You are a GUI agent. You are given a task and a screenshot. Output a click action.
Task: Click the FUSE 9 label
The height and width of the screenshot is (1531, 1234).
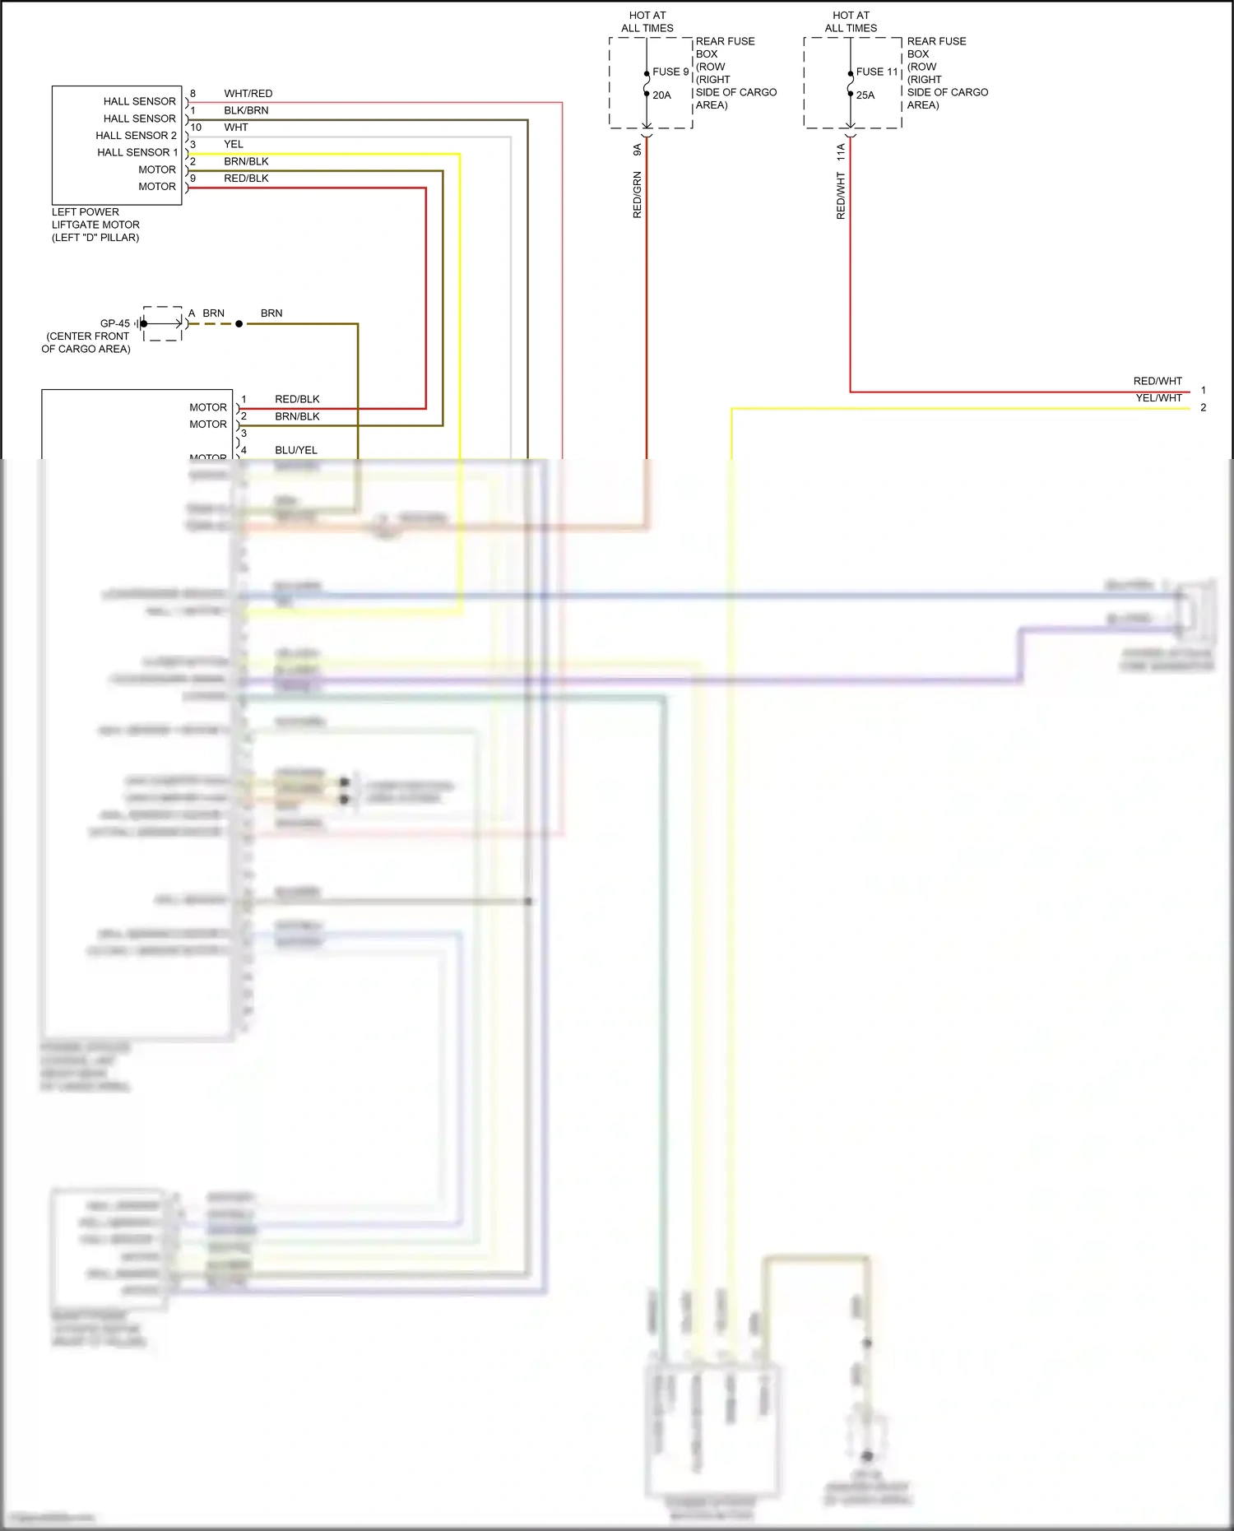[670, 72]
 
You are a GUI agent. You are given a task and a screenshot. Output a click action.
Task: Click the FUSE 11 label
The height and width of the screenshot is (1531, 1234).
[876, 72]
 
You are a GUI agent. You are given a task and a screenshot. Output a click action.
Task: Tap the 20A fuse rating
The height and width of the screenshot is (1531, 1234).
[662, 95]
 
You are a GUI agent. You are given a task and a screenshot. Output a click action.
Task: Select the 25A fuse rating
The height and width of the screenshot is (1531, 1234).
[865, 95]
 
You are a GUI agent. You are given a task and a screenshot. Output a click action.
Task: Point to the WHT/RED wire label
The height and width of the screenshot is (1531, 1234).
[248, 94]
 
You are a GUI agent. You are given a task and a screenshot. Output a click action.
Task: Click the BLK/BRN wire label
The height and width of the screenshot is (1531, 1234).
[246, 110]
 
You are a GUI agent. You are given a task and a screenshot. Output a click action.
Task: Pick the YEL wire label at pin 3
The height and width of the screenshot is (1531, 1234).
[234, 145]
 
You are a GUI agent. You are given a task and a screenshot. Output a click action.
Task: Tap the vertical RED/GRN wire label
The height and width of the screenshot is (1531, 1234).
[638, 195]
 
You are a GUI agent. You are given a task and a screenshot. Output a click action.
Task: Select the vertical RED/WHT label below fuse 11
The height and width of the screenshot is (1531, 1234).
[841, 196]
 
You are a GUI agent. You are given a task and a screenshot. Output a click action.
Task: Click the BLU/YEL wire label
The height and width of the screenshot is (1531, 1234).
[296, 451]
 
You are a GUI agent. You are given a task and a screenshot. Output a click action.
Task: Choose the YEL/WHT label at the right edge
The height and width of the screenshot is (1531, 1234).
[1158, 398]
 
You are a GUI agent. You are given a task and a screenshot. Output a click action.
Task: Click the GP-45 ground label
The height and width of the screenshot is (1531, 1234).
[115, 323]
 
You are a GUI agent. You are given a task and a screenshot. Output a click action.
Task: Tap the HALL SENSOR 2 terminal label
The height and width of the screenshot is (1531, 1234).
[136, 136]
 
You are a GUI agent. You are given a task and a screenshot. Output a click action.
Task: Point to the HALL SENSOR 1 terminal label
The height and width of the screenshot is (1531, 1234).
[137, 152]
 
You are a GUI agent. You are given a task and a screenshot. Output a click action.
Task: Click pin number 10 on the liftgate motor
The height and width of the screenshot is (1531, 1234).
[196, 128]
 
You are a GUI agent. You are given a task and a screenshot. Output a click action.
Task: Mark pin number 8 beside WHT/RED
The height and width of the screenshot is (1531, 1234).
[193, 94]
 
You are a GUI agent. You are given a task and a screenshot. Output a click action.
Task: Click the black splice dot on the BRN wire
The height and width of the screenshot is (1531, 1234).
[239, 324]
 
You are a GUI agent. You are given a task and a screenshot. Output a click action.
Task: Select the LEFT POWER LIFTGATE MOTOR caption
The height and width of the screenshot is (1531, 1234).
[95, 225]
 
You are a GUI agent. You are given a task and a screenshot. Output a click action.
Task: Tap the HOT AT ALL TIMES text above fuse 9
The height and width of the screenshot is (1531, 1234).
[647, 21]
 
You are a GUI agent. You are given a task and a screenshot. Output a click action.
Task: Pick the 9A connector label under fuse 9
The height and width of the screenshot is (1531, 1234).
[638, 150]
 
